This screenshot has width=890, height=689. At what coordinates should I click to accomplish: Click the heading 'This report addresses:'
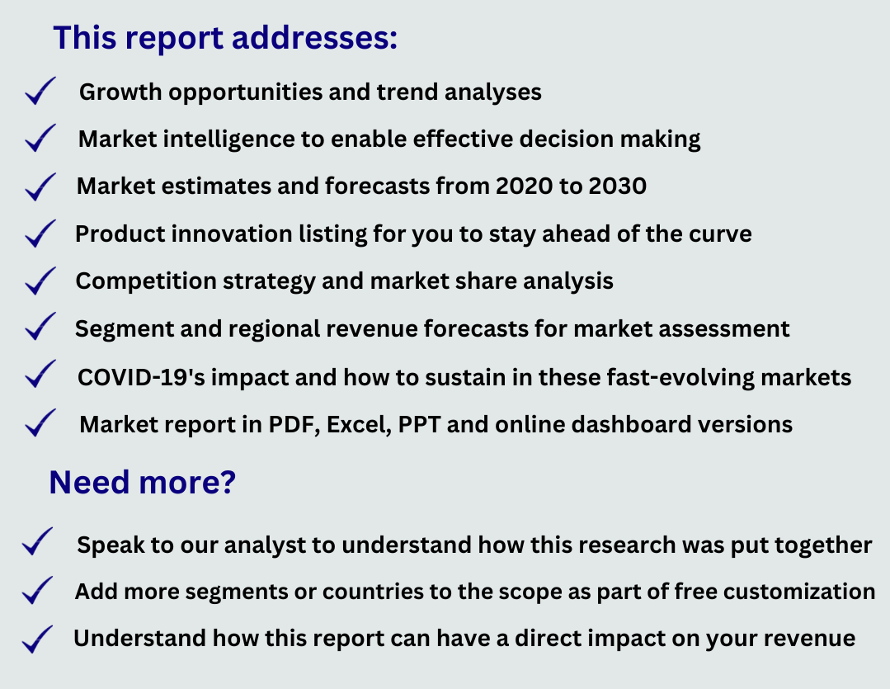[225, 39]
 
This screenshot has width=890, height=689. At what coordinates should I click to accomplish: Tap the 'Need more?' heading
[142, 483]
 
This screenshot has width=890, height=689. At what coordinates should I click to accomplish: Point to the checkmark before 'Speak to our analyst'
[37, 540]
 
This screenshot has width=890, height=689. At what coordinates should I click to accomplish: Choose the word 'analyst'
[265, 545]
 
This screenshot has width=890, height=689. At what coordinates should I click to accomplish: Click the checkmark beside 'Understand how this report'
[37, 639]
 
